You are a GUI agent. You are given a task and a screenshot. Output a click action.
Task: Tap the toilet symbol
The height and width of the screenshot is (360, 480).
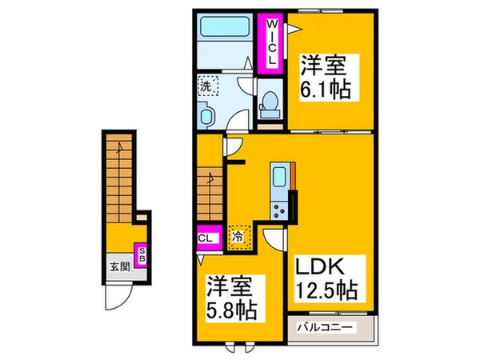[270, 104]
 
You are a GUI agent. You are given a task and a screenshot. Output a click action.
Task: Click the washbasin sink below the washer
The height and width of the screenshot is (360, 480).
[206, 117]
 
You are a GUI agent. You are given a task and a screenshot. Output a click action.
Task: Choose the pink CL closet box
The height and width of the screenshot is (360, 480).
[205, 238]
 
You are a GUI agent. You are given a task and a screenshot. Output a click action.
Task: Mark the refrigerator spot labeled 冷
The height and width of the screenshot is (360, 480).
[238, 237]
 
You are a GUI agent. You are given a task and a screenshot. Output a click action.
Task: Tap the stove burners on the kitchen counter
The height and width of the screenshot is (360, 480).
[280, 210]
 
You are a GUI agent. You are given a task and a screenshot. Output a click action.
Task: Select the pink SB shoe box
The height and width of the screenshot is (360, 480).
[142, 256]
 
